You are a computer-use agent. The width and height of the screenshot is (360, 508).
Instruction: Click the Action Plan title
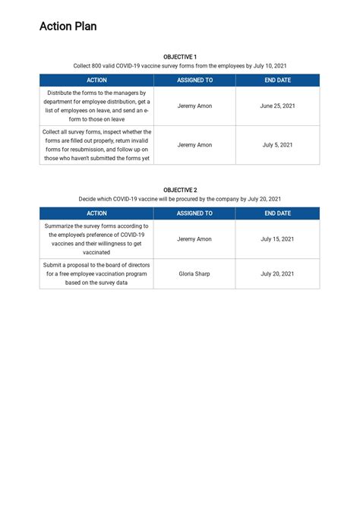[x=68, y=27]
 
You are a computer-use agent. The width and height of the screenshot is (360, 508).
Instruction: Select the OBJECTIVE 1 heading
[x=180, y=57]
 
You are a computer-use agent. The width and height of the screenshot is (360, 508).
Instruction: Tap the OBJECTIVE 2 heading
[x=180, y=190]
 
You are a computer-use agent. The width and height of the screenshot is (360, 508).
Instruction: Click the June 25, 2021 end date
[x=277, y=106]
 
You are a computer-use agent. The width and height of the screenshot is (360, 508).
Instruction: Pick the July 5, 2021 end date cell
[x=277, y=144]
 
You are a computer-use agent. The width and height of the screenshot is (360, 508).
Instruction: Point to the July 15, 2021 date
[x=277, y=238]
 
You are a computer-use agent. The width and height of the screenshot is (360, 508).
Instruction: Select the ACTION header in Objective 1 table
[x=96, y=80]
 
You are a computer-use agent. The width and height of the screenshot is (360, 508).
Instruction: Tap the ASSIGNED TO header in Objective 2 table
[x=194, y=213]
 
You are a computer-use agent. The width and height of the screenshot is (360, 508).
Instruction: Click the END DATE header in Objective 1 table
[x=277, y=80]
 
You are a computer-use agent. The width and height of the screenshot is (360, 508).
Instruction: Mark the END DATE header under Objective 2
[x=277, y=213]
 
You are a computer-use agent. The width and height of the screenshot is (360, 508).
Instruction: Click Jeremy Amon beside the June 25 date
[x=194, y=106]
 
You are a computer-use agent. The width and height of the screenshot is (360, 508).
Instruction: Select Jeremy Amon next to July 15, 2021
[x=194, y=238]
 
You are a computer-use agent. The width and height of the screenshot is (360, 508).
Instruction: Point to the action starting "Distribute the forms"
[x=96, y=106]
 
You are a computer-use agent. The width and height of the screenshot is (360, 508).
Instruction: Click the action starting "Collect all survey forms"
[x=96, y=144]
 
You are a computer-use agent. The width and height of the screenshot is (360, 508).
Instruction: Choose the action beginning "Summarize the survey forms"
[x=96, y=238]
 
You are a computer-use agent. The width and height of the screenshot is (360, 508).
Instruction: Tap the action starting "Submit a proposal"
[x=96, y=273]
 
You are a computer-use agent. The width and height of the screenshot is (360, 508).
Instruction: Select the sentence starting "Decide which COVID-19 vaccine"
[x=180, y=199]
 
